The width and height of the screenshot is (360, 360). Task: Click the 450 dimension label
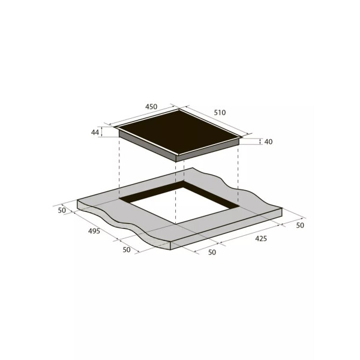tap(151, 107)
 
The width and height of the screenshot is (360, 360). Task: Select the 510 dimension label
tap(220, 113)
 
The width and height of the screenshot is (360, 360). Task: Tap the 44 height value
tap(95, 132)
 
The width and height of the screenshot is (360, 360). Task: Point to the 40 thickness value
tap(268, 142)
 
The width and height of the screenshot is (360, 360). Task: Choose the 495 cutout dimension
tap(94, 231)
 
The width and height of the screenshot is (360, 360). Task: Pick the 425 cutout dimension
tap(261, 239)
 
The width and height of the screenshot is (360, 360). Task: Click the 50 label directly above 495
tap(62, 211)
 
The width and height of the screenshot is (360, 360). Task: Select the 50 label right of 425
tap(300, 226)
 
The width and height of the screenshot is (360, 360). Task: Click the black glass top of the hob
tap(179, 132)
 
